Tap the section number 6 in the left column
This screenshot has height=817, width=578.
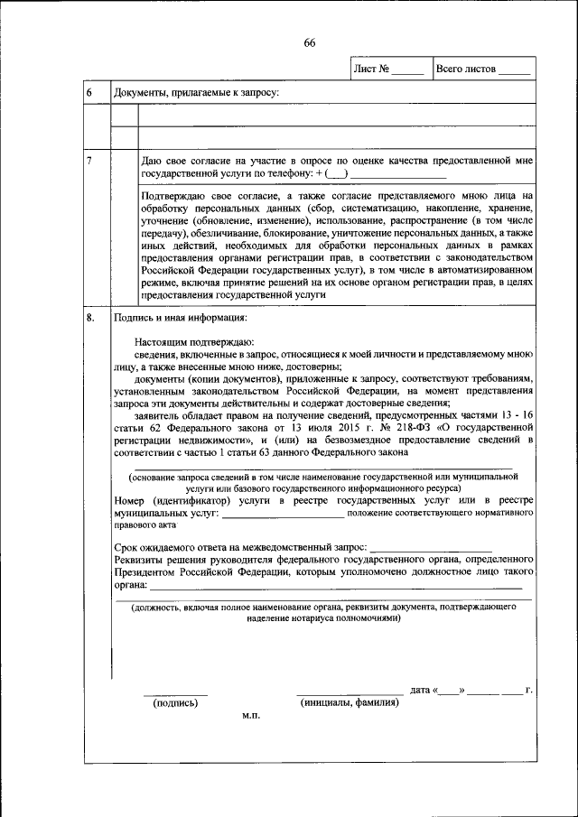[x=89, y=93]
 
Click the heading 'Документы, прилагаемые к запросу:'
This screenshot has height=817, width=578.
[x=195, y=93]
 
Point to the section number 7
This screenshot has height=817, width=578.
[x=89, y=160]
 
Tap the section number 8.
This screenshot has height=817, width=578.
[x=90, y=318]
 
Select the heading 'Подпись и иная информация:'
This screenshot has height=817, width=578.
[x=179, y=318]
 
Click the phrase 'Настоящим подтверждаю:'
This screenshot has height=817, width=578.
[x=194, y=343]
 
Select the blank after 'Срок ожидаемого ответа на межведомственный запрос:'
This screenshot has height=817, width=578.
[x=431, y=548]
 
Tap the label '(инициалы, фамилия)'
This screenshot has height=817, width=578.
[x=349, y=703]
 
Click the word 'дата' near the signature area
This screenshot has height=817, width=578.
[x=419, y=691]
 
